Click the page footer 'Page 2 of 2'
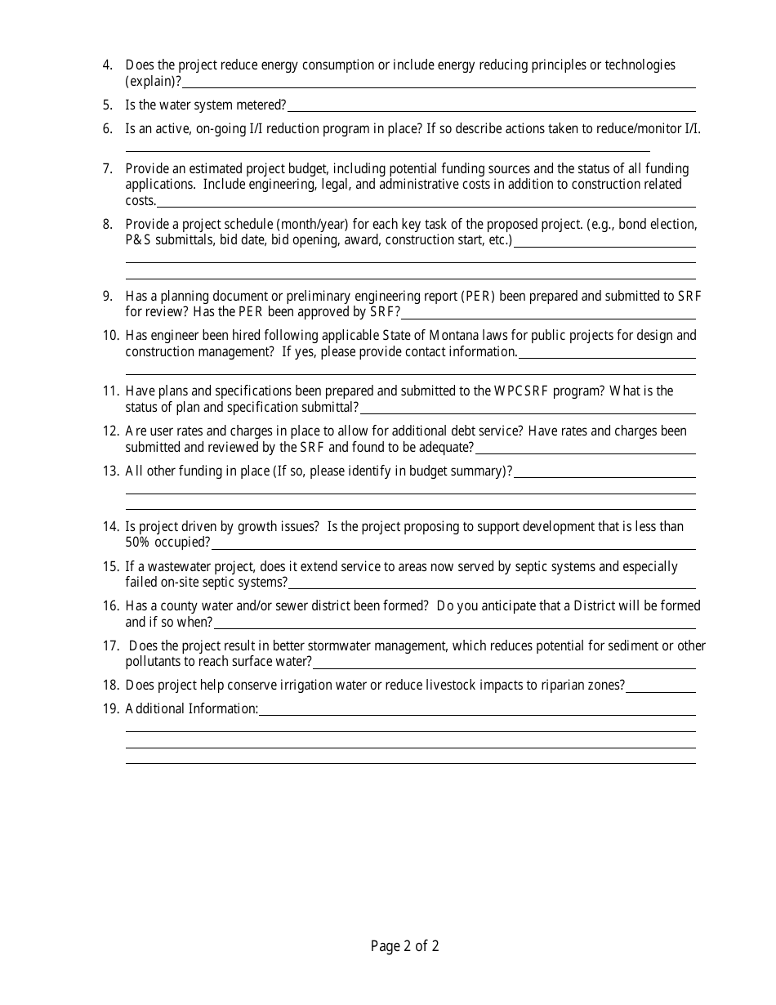[404, 946]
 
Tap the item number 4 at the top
[108, 65]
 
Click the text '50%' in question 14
[138, 543]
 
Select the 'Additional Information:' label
[191, 708]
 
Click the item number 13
[111, 471]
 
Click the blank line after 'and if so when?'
[453, 623]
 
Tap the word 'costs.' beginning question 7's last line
[140, 200]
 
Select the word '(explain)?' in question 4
[153, 81]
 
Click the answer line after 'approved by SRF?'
[547, 313]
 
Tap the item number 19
[111, 708]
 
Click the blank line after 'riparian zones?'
[660, 686]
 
